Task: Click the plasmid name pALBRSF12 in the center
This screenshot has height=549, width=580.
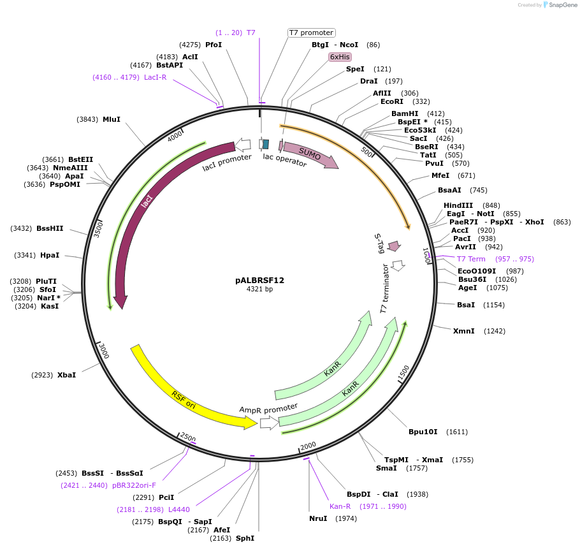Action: tap(259, 280)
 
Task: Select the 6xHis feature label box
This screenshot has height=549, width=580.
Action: tap(340, 57)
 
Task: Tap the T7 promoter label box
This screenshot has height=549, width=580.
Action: tap(311, 33)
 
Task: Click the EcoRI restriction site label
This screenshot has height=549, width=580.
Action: tap(392, 101)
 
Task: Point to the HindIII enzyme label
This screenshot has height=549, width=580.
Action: tap(458, 205)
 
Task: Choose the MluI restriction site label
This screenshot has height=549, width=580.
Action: tap(112, 119)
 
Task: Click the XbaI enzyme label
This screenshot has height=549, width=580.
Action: tap(66, 375)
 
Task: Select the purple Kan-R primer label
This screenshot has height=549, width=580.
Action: tap(340, 506)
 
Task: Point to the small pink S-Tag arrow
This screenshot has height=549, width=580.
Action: tap(394, 245)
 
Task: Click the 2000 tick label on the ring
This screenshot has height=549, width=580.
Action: tap(308, 445)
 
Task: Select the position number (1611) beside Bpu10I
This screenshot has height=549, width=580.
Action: tap(456, 432)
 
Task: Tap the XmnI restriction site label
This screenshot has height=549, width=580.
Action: tap(463, 331)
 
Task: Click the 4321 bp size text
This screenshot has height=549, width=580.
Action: tap(259, 289)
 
